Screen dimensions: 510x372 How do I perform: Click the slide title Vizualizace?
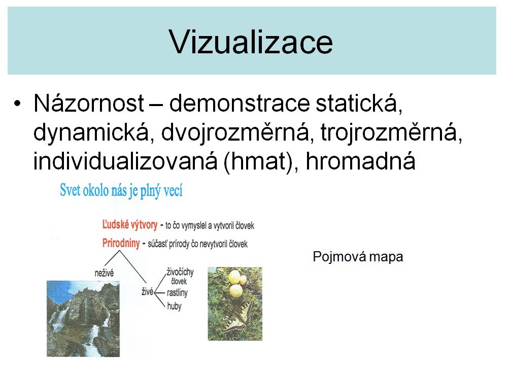coord(251,42)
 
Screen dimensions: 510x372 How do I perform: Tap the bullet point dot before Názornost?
coord(17,104)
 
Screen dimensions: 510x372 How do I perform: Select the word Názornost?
coord(89,103)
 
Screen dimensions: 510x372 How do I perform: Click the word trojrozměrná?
coord(391,132)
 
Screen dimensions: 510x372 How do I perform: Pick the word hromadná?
coord(360,161)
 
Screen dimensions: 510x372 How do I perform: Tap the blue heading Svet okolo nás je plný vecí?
coord(121,190)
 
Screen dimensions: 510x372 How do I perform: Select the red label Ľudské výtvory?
coord(130,224)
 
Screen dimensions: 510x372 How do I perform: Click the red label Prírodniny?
coord(121,243)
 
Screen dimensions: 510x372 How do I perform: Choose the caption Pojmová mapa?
coord(358,257)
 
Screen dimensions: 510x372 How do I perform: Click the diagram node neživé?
coord(104,273)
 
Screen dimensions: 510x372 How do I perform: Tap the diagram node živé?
coord(147,292)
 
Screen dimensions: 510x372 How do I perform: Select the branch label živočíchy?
coord(180,272)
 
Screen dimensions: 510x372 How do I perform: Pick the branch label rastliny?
coord(177,293)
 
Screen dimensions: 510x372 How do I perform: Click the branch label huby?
coord(175,306)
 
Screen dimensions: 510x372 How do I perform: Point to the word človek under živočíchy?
coord(179,281)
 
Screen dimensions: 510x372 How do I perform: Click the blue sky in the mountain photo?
coord(58,291)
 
